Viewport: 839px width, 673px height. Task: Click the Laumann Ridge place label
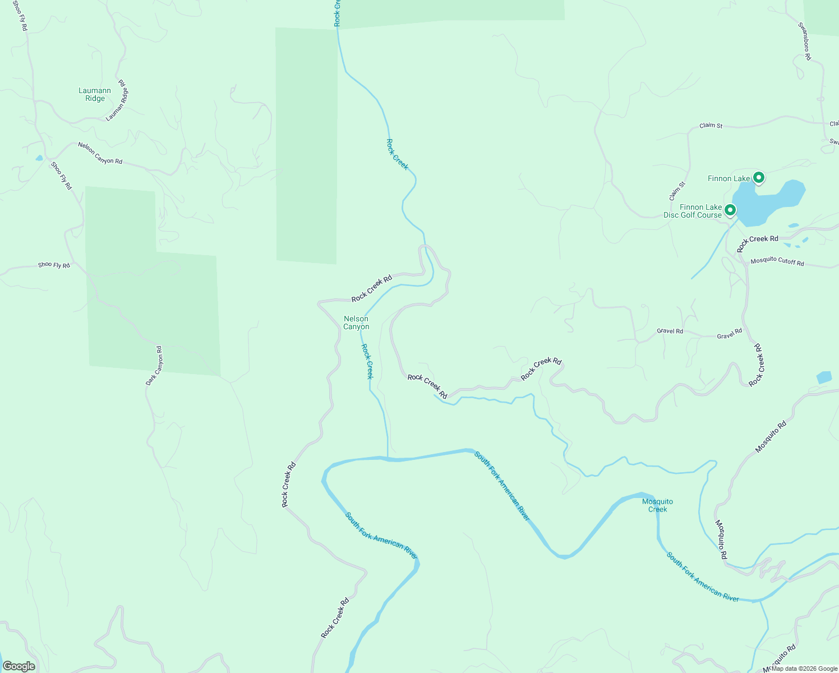click(x=95, y=94)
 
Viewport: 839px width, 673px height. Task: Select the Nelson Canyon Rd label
click(x=100, y=153)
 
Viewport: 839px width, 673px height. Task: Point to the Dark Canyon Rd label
click(x=154, y=366)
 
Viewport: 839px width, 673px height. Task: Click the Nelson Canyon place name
click(x=356, y=322)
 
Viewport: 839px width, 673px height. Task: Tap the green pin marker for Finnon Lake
click(x=758, y=178)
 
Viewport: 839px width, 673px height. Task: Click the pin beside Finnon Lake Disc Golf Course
click(x=730, y=210)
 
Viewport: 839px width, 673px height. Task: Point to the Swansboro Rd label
click(x=804, y=41)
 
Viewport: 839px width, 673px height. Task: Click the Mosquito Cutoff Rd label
click(x=777, y=261)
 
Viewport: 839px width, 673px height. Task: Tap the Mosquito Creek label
click(x=657, y=505)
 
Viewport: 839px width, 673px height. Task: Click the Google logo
click(x=19, y=666)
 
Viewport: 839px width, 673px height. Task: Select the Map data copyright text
click(x=804, y=669)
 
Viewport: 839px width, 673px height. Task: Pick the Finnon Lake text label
click(x=729, y=178)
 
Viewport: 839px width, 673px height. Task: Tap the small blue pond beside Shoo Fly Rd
click(x=39, y=158)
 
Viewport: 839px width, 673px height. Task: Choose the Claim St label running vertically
click(x=677, y=191)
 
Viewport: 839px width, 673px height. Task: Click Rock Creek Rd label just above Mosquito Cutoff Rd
click(x=757, y=242)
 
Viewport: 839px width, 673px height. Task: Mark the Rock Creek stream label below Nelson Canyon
click(x=367, y=362)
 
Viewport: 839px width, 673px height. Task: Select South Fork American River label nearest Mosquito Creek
click(x=702, y=577)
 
